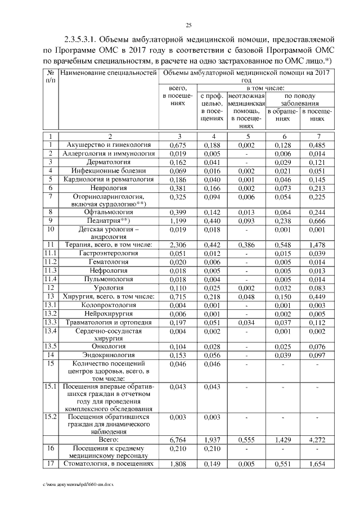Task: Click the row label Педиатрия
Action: (x=110, y=221)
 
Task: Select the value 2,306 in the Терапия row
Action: (x=178, y=245)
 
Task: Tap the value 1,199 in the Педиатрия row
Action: (x=178, y=221)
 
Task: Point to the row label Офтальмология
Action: (x=110, y=213)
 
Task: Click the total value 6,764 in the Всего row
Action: (x=178, y=438)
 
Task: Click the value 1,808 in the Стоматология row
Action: (x=178, y=465)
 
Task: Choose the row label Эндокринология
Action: (x=110, y=355)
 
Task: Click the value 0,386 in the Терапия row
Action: (x=246, y=245)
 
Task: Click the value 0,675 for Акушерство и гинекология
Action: (x=178, y=145)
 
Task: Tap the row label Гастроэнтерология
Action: (x=110, y=254)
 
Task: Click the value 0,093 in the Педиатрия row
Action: (x=246, y=221)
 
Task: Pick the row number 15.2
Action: (x=51, y=417)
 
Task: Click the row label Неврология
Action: (x=110, y=188)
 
